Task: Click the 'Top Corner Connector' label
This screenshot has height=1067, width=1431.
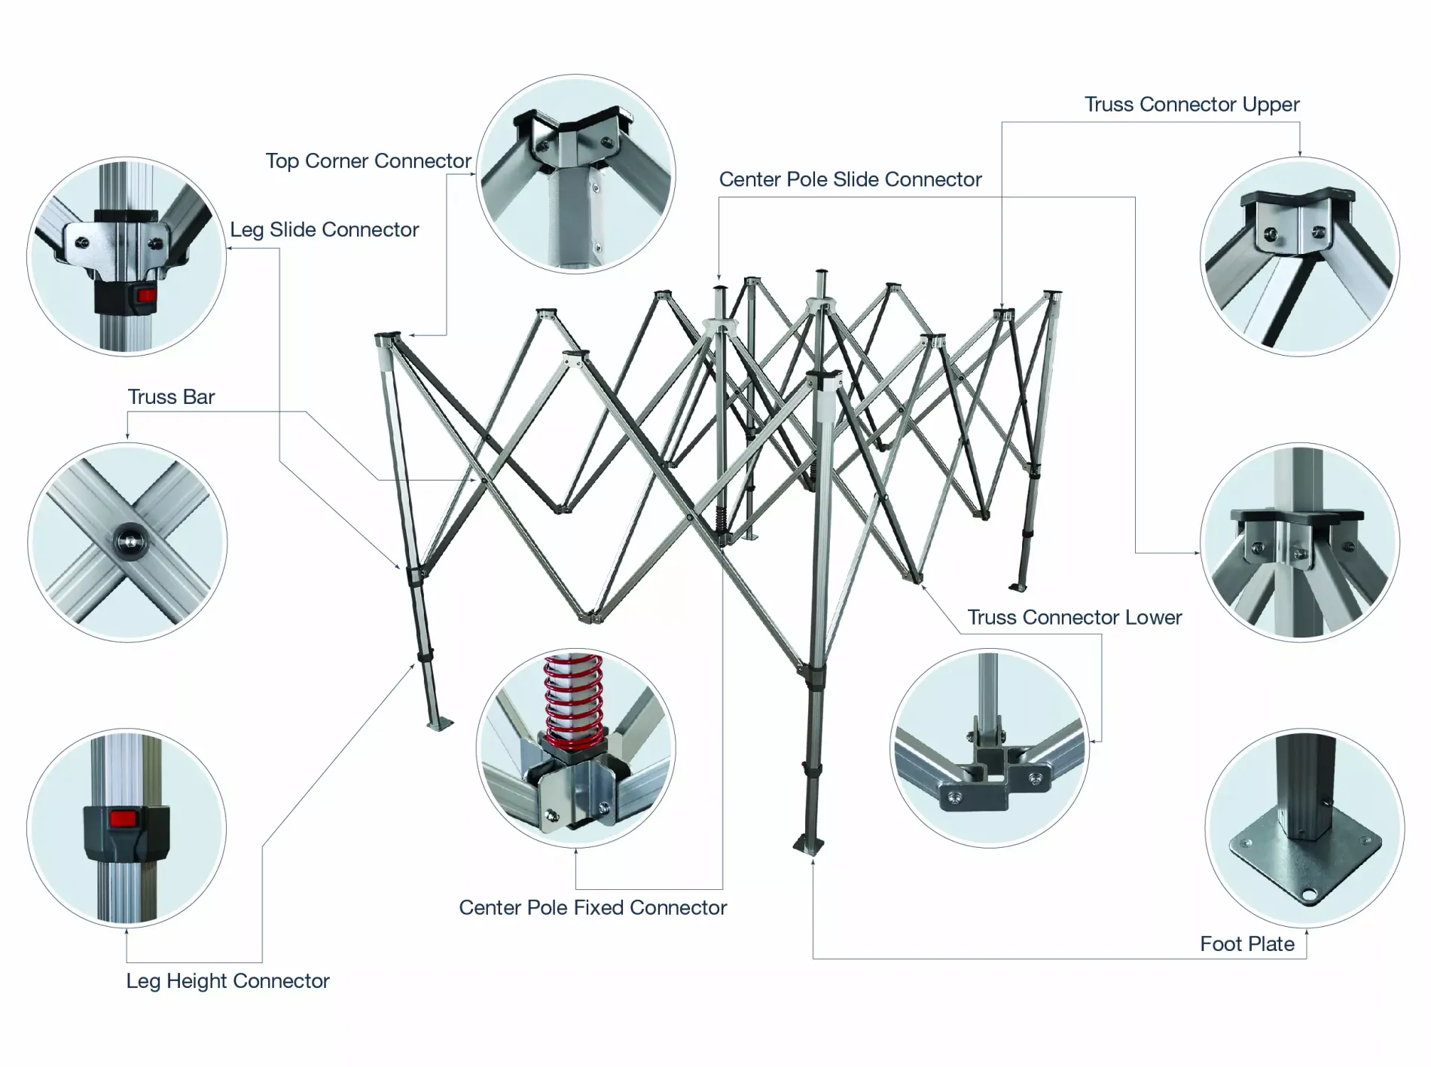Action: coord(368,161)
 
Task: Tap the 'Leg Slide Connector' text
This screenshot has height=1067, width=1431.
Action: coord(324,230)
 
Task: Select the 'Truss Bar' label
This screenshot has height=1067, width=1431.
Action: coord(171,397)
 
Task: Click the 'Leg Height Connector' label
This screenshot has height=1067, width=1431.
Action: coord(227,981)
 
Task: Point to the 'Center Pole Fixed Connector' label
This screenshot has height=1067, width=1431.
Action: coord(593,908)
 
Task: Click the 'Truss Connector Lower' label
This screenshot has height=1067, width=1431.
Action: coord(1074,618)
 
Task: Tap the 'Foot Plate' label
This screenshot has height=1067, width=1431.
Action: coord(1246,944)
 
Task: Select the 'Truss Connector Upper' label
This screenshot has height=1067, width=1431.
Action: coord(1191,105)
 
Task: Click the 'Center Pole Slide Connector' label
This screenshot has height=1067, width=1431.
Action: coord(850,180)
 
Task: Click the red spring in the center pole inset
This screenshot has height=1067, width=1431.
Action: coord(574,701)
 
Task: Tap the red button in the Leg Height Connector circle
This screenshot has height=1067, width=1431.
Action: coord(126,818)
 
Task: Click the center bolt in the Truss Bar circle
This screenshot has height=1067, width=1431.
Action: coord(129,540)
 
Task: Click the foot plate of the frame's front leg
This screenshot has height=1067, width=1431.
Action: coord(809,845)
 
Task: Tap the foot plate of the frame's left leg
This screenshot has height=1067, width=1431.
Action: coord(441,724)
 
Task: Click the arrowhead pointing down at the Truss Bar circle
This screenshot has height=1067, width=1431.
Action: coord(127,436)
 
